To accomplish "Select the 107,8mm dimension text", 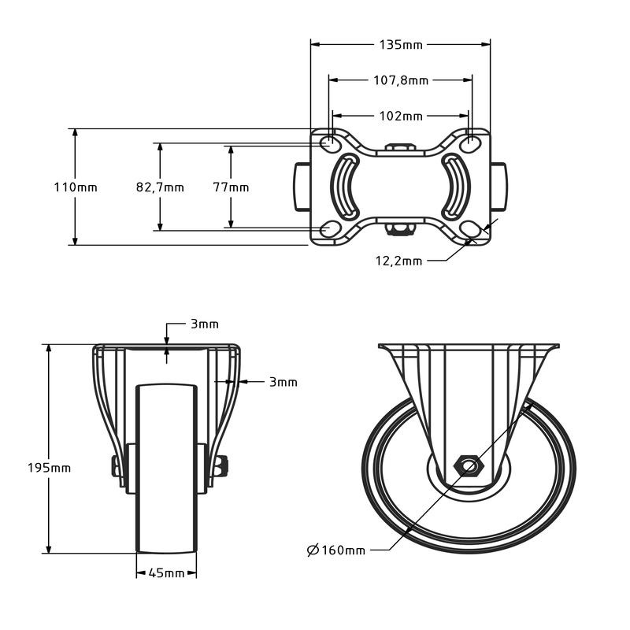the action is (400, 80).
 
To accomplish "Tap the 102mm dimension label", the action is (401, 116).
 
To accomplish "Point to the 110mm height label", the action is (76, 187).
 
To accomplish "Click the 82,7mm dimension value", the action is (160, 187).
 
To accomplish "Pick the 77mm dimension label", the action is (231, 187).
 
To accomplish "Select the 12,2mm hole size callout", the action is (397, 261).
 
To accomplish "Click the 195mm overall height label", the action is (50, 467).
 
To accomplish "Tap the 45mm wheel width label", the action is (166, 573).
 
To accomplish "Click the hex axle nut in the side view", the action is (470, 466).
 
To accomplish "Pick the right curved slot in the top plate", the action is (454, 187).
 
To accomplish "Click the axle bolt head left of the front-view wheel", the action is (117, 467).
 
